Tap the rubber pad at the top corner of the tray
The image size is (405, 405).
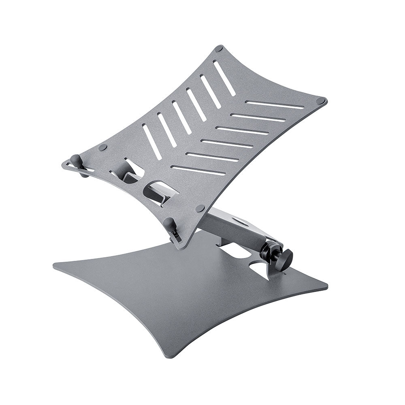[219, 49]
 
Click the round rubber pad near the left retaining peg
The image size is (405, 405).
[103, 147]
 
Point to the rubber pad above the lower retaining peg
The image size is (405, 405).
[200, 208]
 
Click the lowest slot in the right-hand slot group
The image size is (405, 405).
[198, 170]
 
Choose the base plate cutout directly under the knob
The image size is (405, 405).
[260, 269]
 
